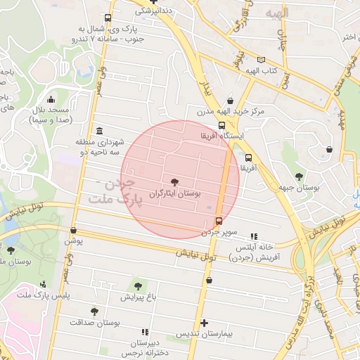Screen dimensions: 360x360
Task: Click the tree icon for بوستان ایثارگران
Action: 175,181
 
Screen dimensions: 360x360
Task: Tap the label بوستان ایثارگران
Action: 175,192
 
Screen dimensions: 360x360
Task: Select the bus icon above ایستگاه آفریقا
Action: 223,125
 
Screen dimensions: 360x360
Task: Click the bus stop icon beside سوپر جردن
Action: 219,221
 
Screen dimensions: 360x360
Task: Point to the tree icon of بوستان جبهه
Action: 300,176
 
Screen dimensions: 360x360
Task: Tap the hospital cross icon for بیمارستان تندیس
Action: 205,323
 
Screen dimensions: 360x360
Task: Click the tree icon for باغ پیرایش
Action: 138,285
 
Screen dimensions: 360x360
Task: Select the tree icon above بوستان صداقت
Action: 94,311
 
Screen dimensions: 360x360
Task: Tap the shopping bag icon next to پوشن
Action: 74,230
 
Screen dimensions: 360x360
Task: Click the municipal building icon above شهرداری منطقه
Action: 98,131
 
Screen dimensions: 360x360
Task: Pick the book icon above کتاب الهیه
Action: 262,60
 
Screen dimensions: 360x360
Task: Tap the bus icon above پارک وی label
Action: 107,18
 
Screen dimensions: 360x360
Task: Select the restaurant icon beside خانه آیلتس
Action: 254,236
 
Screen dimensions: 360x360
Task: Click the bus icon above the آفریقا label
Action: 248,157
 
